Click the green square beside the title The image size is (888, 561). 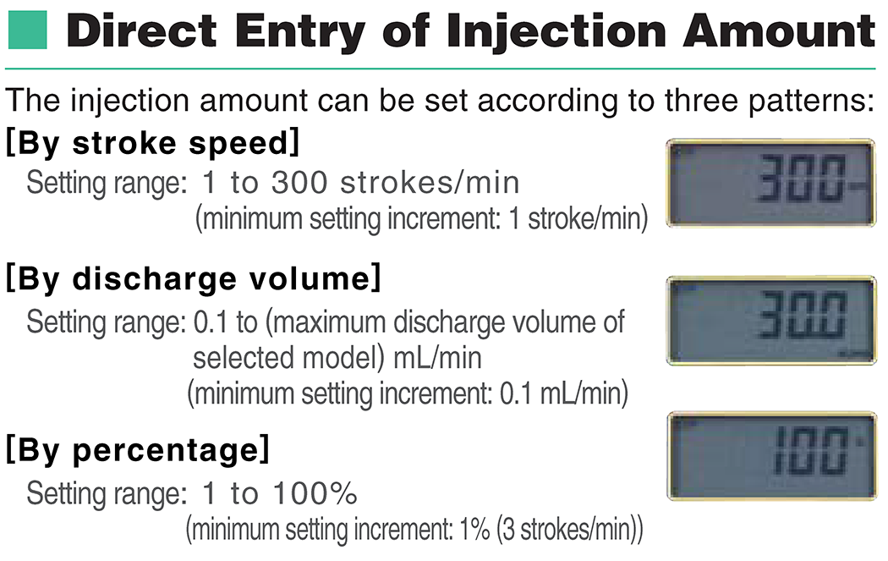tap(28, 30)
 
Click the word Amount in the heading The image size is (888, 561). tap(779, 30)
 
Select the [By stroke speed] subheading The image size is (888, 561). tap(152, 143)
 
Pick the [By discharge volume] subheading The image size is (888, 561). tap(193, 278)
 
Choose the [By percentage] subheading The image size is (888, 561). tap(138, 450)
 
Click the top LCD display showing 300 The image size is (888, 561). tap(770, 183)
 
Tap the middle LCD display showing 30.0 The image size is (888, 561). tap(771, 321)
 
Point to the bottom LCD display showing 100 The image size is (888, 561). tap(772, 456)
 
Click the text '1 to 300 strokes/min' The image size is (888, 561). tap(361, 183)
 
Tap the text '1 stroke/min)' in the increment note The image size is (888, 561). tap(578, 219)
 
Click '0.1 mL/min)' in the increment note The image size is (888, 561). tap(564, 393)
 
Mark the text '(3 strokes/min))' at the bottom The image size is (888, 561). tap(570, 530)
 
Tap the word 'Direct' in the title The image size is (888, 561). tap(141, 30)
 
